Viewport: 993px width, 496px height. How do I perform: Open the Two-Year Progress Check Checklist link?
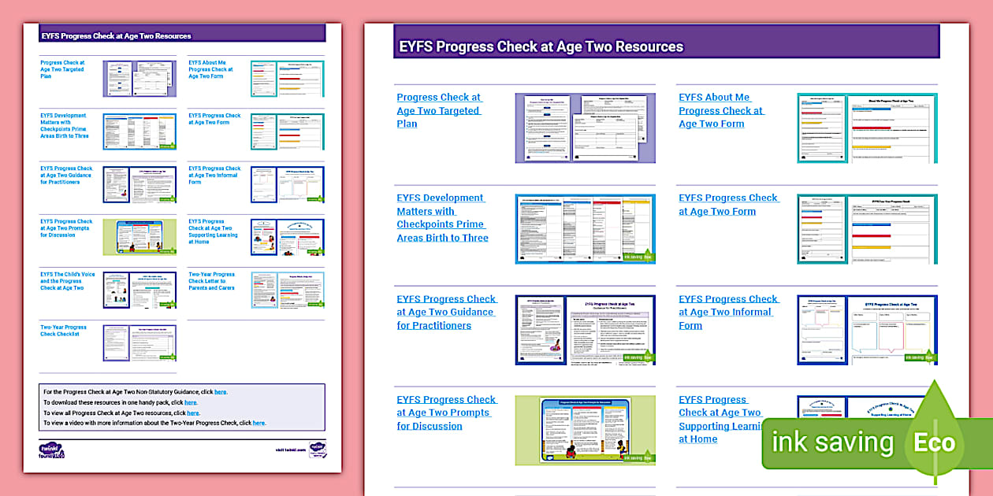tap(64, 331)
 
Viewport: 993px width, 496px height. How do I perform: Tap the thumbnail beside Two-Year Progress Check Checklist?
tap(139, 342)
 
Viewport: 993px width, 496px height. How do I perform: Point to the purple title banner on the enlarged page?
tap(666, 46)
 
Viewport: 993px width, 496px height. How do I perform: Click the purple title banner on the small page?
tap(182, 35)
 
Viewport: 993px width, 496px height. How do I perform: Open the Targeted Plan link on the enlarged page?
tap(439, 110)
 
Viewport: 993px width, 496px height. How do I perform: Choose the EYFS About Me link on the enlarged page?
tap(721, 110)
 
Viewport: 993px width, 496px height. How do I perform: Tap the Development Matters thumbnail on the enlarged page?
tap(585, 228)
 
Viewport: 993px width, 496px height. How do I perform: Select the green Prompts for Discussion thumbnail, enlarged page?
tap(585, 430)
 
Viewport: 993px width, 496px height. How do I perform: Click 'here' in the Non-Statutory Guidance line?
tap(221, 392)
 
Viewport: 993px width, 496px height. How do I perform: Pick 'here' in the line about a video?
tap(259, 423)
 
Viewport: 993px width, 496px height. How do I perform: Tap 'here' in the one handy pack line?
tap(191, 402)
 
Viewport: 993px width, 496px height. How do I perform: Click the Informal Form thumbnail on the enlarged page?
tap(867, 330)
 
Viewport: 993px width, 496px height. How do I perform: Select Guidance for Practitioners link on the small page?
tap(66, 176)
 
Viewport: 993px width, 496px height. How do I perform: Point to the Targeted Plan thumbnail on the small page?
tap(139, 79)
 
